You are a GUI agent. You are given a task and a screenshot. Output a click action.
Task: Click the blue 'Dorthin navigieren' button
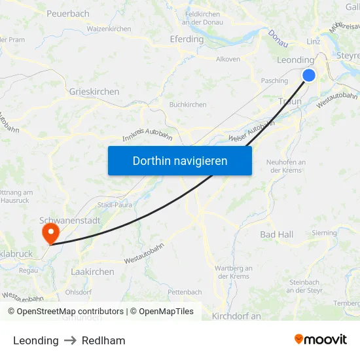(180, 160)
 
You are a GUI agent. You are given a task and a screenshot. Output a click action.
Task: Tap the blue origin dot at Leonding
(308, 75)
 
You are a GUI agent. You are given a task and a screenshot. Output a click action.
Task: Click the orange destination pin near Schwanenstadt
(50, 234)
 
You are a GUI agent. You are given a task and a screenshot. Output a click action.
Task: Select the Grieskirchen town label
(94, 92)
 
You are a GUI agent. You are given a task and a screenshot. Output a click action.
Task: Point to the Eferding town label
(187, 39)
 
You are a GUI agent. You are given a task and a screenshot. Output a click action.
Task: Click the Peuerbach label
(68, 13)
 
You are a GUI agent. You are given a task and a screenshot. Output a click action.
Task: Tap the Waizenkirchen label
(109, 29)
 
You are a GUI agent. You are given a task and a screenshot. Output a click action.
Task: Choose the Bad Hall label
(277, 234)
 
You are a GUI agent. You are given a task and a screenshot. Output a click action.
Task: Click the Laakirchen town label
(92, 272)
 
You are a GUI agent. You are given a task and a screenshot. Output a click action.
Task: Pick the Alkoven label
(228, 59)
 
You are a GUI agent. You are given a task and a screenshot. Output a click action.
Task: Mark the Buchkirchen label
(188, 105)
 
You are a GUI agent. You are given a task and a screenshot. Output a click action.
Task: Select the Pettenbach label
(185, 292)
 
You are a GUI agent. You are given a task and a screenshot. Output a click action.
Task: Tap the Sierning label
(324, 233)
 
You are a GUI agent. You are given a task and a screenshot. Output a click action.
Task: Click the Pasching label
(274, 81)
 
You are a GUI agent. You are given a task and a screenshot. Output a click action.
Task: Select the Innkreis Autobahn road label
(147, 135)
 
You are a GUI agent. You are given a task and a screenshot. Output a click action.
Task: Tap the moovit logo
(320, 340)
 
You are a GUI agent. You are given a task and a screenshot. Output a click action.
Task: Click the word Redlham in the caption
(103, 340)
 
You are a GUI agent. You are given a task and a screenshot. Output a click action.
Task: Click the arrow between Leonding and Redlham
(70, 340)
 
